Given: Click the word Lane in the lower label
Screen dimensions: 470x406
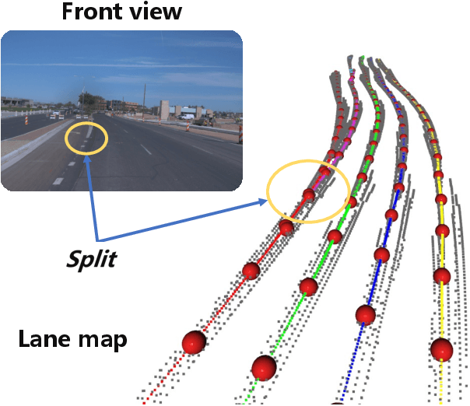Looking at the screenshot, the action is coord(42,339).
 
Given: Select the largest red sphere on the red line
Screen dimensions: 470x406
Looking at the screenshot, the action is coord(194,342).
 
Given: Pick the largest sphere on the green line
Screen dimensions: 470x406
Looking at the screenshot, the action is coord(264,367).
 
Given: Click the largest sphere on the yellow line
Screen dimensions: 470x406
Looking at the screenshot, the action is coord(442,349).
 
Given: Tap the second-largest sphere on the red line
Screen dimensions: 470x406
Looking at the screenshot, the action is coord(251,271).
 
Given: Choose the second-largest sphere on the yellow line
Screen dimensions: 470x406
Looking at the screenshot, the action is coord(442,275).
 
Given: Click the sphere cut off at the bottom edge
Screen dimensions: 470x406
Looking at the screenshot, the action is coord(338,403).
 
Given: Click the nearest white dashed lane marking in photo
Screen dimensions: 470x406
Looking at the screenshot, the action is coord(58,180).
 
